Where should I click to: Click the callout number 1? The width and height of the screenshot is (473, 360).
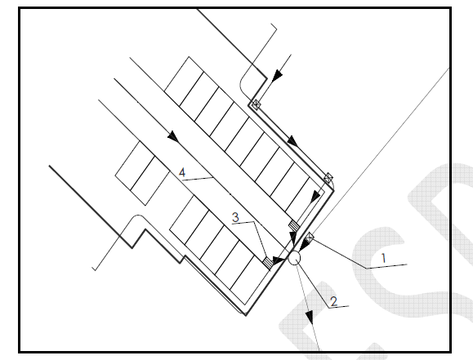click(384, 258)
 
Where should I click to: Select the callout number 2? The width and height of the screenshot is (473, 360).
click(333, 301)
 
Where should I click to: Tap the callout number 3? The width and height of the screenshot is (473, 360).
click(235, 217)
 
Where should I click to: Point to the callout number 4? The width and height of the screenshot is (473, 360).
click(182, 173)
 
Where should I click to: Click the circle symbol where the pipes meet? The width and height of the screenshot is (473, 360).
click(294, 258)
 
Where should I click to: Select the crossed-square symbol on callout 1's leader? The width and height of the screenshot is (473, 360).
click(310, 238)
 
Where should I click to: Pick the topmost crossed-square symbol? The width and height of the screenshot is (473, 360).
click(256, 104)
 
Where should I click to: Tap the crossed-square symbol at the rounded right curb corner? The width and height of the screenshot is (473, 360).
click(328, 177)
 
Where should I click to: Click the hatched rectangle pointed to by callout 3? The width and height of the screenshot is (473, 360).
click(268, 262)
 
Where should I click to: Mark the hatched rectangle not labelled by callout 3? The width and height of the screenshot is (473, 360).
click(294, 225)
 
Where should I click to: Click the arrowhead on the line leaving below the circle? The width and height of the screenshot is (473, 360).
click(310, 318)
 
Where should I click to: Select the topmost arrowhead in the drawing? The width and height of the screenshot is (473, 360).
click(277, 75)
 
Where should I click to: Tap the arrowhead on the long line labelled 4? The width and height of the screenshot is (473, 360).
click(173, 136)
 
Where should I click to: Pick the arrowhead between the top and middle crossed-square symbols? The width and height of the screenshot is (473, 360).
click(292, 141)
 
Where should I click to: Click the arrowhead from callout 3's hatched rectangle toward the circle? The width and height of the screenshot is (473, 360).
click(278, 260)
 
